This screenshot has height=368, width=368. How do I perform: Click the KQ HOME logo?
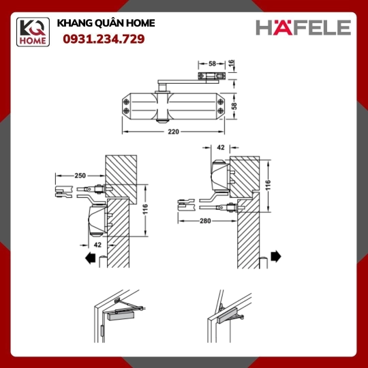(33, 32)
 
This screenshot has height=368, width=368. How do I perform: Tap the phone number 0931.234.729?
(104, 39)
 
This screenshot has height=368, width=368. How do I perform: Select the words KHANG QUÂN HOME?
(106, 23)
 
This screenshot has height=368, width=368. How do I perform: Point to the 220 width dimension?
(173, 132)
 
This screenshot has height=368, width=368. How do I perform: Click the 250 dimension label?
(80, 176)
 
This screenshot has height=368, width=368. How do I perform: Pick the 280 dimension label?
(205, 221)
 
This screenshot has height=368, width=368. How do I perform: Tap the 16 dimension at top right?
(231, 63)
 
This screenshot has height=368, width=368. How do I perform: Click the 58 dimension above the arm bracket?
(212, 63)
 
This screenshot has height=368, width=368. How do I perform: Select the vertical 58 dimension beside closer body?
(234, 106)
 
